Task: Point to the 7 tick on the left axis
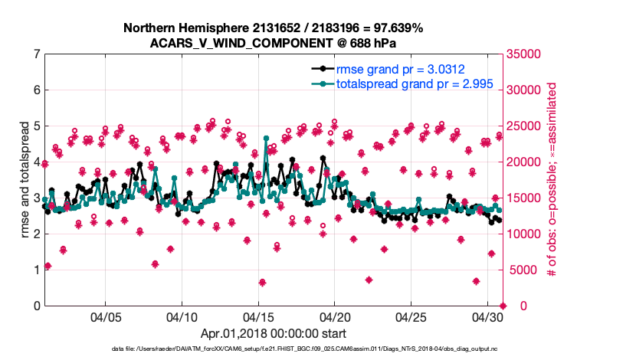coord(37,54)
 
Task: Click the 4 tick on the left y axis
coord(37,162)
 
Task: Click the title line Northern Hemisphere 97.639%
coord(274,28)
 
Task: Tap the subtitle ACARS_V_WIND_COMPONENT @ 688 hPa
coord(274,42)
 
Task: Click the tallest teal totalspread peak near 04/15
coord(266,139)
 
